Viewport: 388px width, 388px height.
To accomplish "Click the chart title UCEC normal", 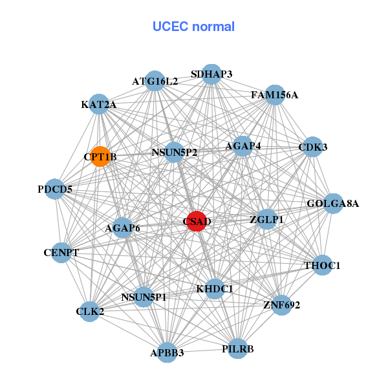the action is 193,27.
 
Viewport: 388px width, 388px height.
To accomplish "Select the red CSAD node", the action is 196,221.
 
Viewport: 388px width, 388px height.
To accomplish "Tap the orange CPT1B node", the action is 100,156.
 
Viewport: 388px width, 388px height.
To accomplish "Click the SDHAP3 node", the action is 211,74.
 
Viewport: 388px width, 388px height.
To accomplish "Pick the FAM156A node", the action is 275,95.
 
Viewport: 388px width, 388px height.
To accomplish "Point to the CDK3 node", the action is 313,147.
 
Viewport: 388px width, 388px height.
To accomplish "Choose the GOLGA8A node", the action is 333,204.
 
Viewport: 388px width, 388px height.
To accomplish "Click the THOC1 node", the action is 322,265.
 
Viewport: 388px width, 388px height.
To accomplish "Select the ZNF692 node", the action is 281,304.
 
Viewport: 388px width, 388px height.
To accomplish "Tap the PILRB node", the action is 238,349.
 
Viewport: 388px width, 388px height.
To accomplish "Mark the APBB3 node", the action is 167,352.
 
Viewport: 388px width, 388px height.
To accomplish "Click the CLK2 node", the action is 90,312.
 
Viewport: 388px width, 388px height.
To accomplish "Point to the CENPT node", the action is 61,252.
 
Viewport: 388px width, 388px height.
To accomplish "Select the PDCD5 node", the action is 55,189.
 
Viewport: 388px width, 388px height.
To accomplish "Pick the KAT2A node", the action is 98,104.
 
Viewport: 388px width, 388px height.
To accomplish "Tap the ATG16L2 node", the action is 155,81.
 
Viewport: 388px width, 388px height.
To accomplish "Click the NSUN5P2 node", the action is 175,153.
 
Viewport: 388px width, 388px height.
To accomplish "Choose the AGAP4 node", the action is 243,146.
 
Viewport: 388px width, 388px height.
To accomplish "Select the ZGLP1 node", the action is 266,219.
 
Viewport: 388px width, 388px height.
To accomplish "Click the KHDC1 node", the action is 215,288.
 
